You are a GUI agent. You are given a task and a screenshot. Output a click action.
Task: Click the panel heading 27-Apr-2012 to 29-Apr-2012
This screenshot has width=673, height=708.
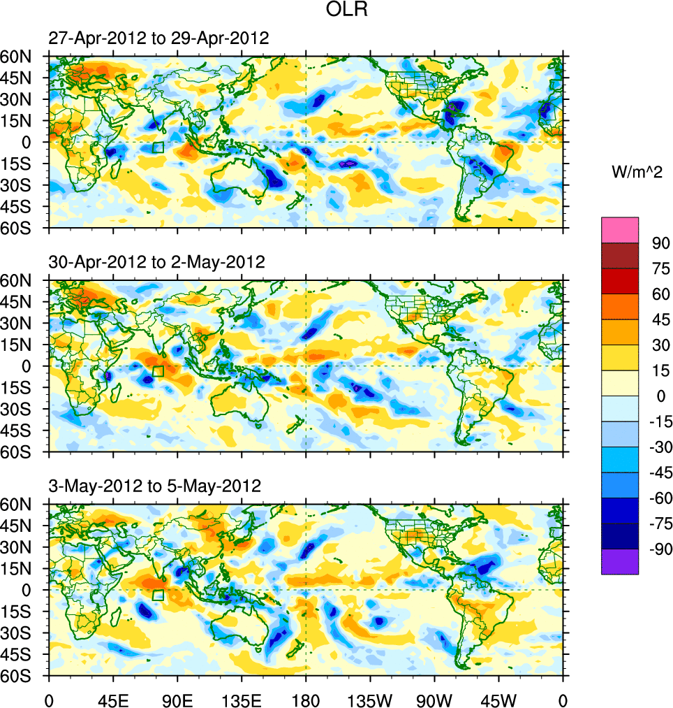158,38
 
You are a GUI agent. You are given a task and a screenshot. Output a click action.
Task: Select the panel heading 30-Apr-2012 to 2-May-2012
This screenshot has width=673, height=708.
156,262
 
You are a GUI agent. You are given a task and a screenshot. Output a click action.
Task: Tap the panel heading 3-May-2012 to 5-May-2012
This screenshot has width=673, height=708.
154,486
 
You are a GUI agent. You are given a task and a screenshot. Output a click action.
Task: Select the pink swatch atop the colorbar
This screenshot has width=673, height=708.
620,229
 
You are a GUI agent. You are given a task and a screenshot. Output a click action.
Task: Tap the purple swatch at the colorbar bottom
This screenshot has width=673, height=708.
620,561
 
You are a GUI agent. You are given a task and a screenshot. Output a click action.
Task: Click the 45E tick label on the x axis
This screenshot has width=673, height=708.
112,699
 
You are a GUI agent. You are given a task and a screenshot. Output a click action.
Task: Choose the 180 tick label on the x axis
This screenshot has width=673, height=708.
306,699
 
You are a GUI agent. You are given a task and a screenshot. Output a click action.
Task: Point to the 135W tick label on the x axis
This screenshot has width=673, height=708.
370,699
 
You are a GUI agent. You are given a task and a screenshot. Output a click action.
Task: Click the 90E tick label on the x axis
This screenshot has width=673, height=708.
177,699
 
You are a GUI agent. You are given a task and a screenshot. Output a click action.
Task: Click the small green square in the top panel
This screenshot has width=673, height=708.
158,147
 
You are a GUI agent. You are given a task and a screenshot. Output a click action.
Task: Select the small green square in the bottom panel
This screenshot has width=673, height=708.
158,595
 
